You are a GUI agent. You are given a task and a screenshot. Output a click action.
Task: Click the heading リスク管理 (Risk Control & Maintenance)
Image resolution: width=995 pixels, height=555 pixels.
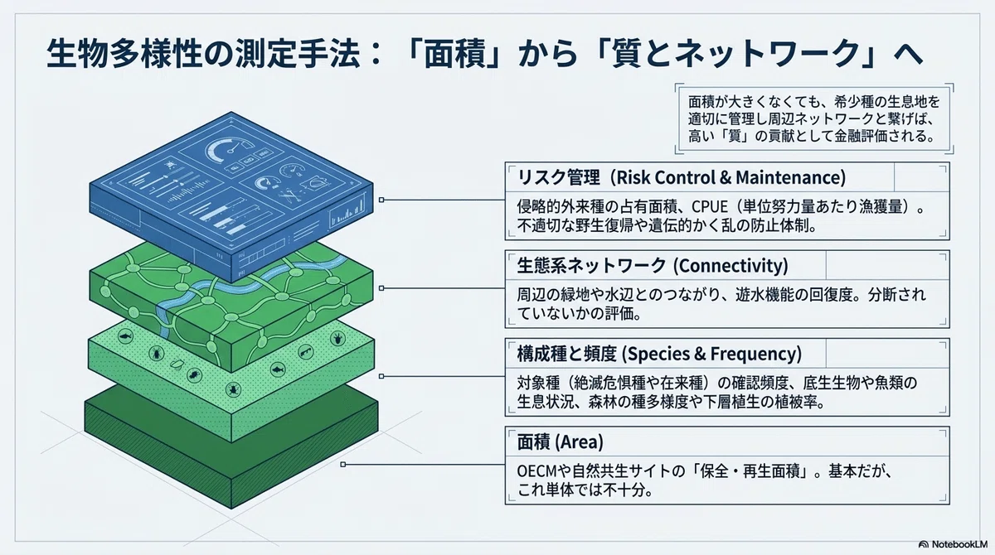click(x=682, y=177)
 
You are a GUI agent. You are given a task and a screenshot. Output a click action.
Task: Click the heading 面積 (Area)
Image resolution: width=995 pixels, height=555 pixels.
click(x=561, y=442)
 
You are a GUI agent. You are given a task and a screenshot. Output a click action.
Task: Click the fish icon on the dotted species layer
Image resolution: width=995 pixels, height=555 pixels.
click(x=278, y=369)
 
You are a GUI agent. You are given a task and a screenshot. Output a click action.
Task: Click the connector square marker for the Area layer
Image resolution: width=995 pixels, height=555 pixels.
click(x=343, y=465)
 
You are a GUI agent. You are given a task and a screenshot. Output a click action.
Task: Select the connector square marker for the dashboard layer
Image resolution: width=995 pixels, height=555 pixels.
click(x=381, y=200)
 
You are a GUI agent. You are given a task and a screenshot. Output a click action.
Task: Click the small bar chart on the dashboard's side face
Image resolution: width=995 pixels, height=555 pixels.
click(x=347, y=212)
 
